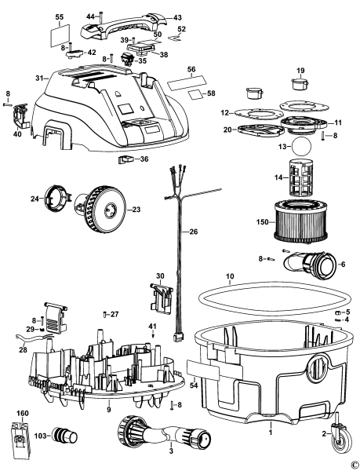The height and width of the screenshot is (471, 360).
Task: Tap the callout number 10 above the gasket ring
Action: coord(230,277)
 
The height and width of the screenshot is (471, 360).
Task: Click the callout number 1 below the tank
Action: coord(271,432)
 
